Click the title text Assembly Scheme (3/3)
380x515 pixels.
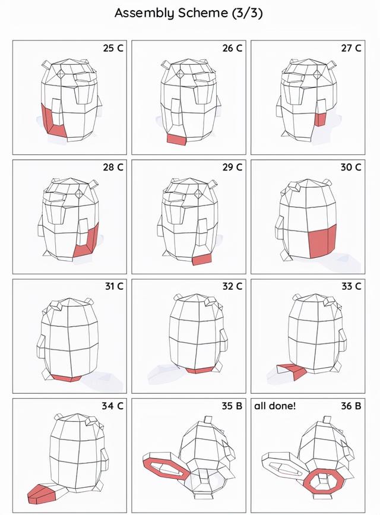189,14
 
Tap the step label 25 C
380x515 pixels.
113,48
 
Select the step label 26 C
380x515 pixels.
232,48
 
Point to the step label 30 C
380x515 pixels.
351,167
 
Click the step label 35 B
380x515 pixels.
232,406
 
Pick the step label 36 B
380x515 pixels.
351,406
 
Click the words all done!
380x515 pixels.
275,406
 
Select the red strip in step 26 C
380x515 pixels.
176,139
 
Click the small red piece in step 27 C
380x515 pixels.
320,119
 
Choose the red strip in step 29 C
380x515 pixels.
202,260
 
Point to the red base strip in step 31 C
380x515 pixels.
66,378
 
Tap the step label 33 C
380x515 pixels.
351,286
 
